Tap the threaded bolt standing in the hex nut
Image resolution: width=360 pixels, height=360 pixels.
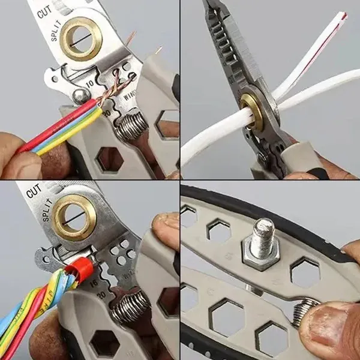pyautogui.click(x=262, y=233)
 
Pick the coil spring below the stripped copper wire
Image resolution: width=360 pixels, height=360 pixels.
pyautogui.click(x=131, y=127)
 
